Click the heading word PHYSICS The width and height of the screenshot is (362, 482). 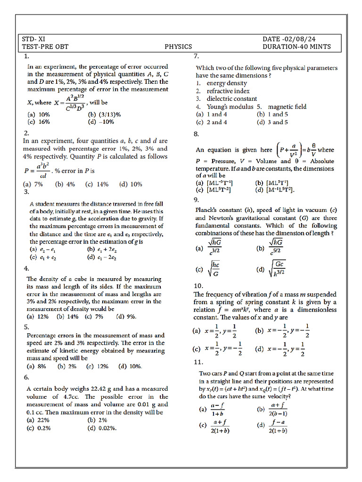point(178,47)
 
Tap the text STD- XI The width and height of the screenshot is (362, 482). point(33,39)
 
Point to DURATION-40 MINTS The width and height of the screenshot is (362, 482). point(296,47)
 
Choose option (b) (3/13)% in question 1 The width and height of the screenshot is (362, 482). point(104,114)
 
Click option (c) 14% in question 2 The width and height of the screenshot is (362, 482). point(97,185)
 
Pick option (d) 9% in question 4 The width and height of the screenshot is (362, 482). point(126,317)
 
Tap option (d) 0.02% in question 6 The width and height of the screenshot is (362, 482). point(102,428)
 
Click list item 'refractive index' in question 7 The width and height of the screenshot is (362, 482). point(228,91)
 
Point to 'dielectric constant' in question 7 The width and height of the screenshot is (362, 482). point(231,99)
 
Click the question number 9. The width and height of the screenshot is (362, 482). point(197,200)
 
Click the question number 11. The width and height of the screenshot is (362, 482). point(198,362)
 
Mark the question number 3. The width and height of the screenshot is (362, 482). point(26,192)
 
